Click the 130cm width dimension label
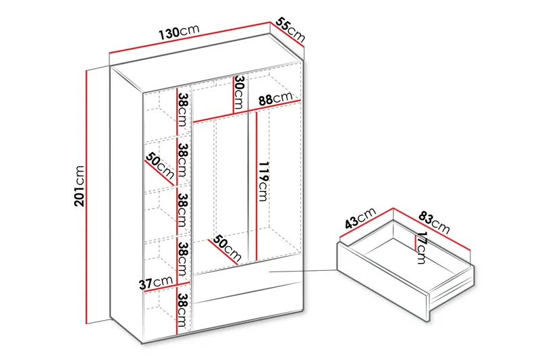pos(178,32)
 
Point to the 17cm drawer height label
pos(421,248)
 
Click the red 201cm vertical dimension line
pos(86,196)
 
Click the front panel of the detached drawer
pos(381,280)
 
